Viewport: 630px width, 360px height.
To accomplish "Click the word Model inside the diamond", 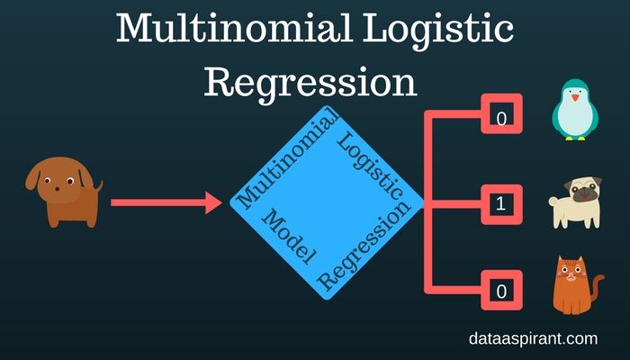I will [x=287, y=237].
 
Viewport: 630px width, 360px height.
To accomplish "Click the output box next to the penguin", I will [x=501, y=117].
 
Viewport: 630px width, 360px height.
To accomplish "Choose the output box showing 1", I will [x=501, y=204].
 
